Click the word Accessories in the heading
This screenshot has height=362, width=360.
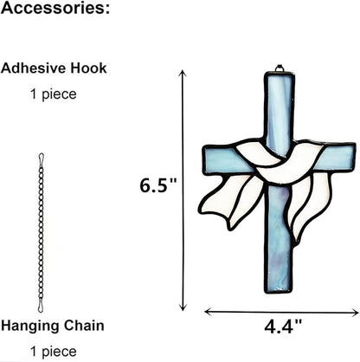pos(53,8)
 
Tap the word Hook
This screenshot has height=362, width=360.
pos(88,68)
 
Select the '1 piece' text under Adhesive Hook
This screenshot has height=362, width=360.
pos(54,94)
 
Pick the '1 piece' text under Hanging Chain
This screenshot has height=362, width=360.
pos(54,352)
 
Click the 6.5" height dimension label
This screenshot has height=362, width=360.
pos(157,185)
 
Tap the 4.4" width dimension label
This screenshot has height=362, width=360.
pos(283,326)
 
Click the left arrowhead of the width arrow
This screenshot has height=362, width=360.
pos(207,312)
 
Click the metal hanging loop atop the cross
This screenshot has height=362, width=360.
pos(279,68)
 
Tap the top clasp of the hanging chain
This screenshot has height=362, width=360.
pos(42,158)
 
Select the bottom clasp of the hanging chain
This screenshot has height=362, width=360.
pos(41,306)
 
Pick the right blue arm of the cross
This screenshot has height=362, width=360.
pos(338,158)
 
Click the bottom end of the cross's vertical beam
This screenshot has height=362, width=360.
pos(278,292)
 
